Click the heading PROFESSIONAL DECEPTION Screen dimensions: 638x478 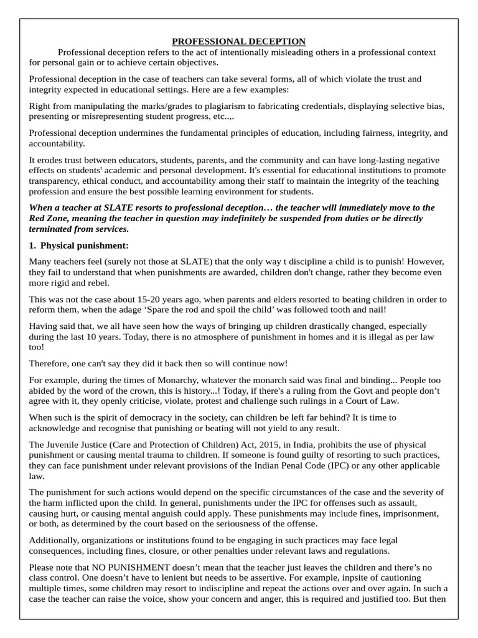click(239, 42)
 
